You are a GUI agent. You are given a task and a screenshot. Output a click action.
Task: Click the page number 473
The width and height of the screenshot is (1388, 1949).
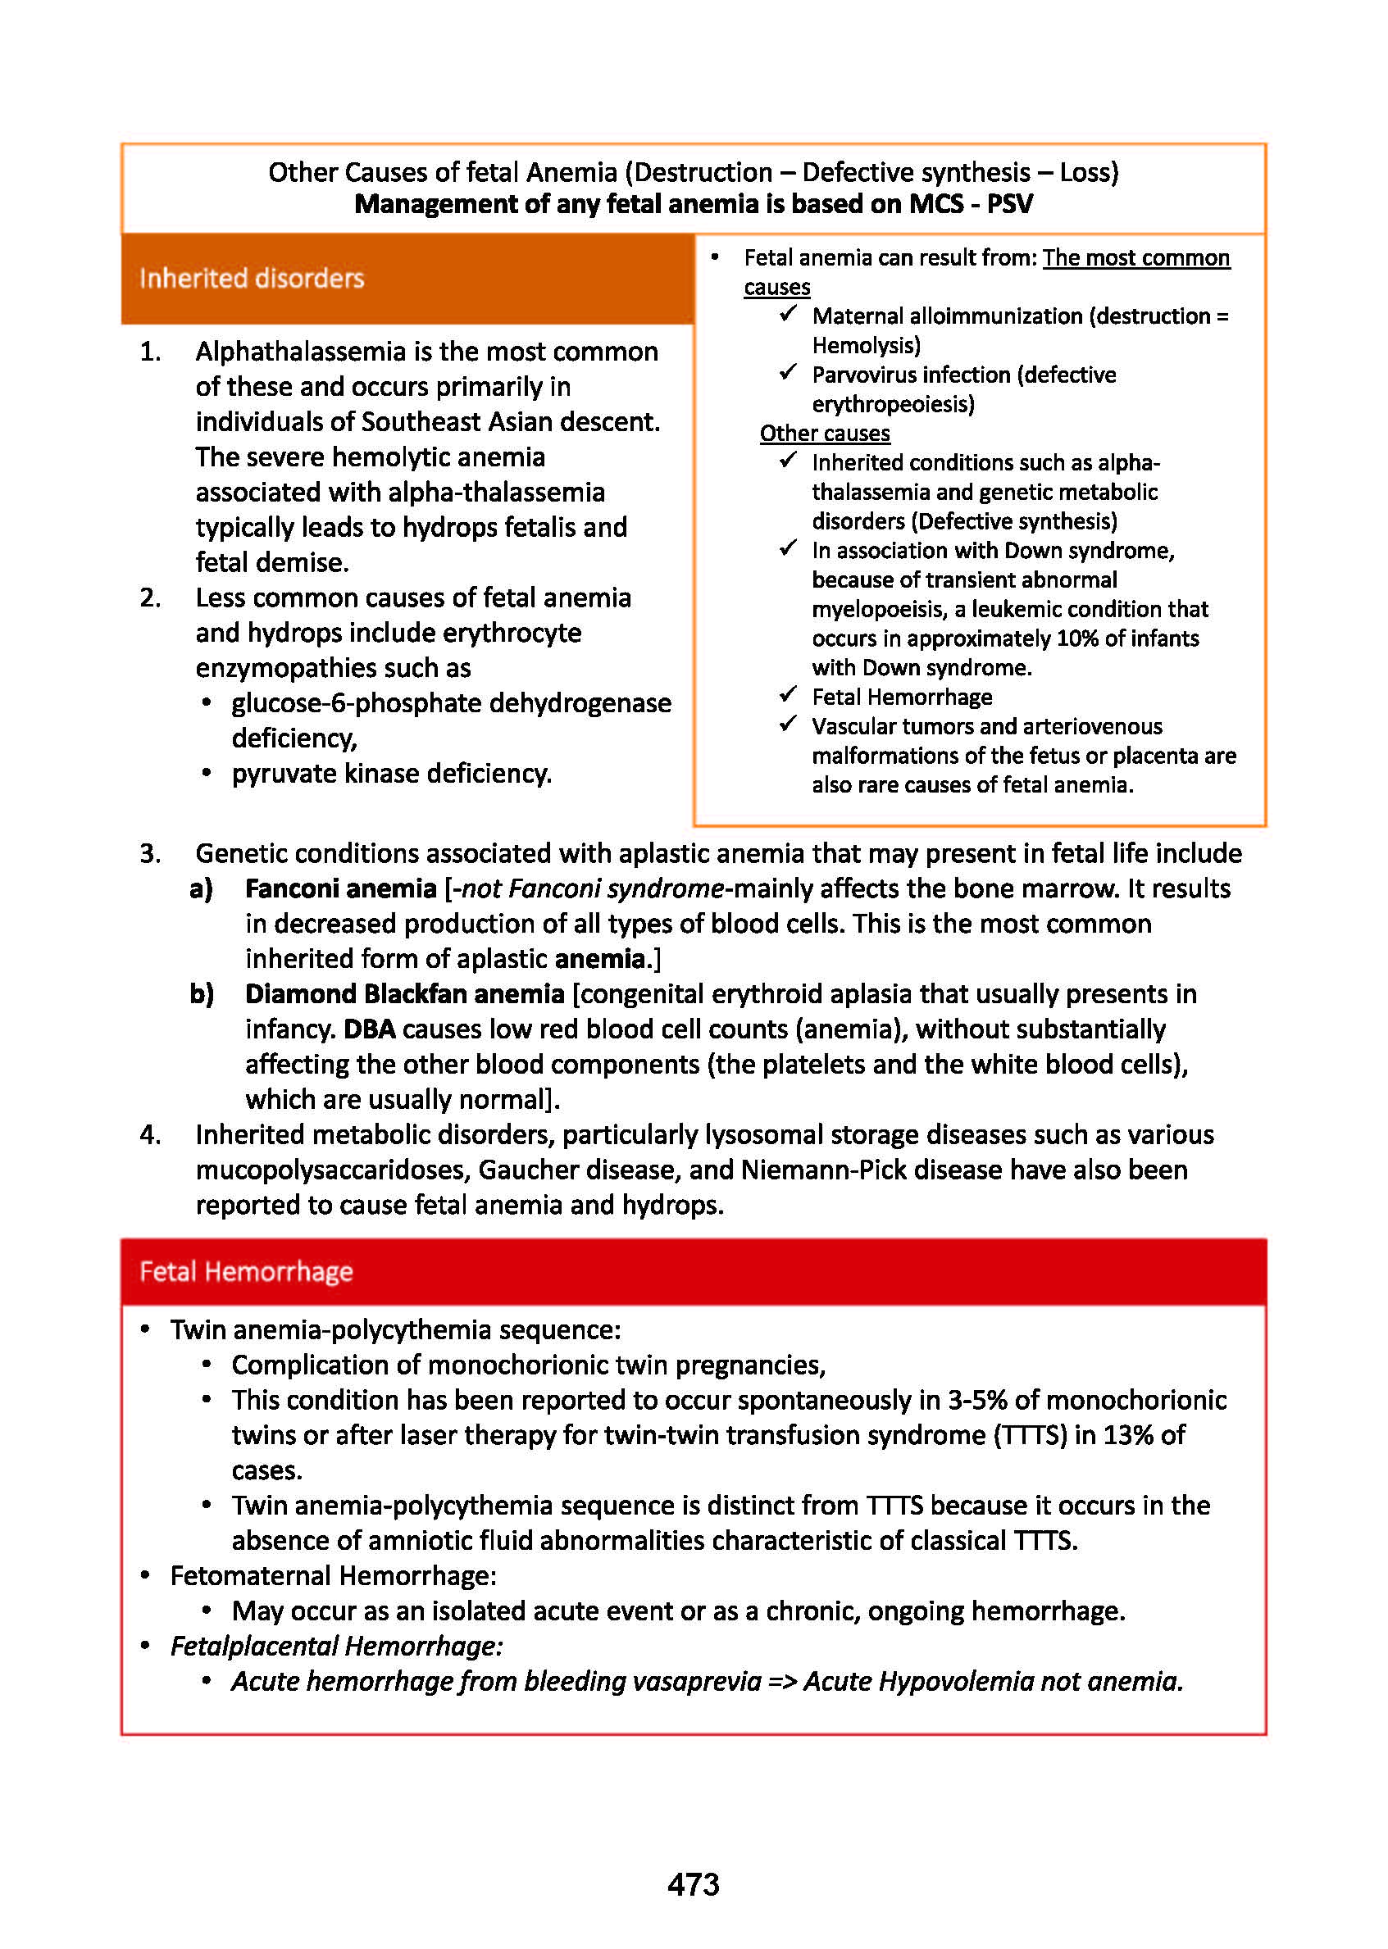[693, 1884]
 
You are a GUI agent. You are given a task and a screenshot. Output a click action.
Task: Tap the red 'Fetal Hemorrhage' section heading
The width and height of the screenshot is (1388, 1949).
[246, 1271]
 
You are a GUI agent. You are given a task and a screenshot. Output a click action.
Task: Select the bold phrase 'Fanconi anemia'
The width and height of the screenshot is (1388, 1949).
[340, 888]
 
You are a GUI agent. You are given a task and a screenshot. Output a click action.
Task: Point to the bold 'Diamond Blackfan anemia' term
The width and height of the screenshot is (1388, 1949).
[404, 993]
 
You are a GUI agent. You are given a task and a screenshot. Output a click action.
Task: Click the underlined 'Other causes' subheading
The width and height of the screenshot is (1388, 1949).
[825, 434]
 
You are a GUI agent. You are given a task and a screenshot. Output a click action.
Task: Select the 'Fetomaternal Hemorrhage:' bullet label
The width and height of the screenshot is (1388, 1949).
[334, 1575]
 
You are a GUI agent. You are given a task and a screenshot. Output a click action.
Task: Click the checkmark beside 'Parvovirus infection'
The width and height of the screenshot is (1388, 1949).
[788, 374]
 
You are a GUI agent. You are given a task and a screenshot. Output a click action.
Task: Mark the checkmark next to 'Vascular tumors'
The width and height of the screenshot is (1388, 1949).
[788, 725]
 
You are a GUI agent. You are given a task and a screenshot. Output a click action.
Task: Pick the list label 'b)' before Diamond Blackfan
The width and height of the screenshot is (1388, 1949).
[202, 993]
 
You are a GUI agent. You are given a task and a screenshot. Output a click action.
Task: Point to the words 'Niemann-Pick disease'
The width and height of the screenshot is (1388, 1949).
[871, 1170]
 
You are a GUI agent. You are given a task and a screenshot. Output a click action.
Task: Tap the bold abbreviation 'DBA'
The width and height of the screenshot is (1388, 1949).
[369, 1029]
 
